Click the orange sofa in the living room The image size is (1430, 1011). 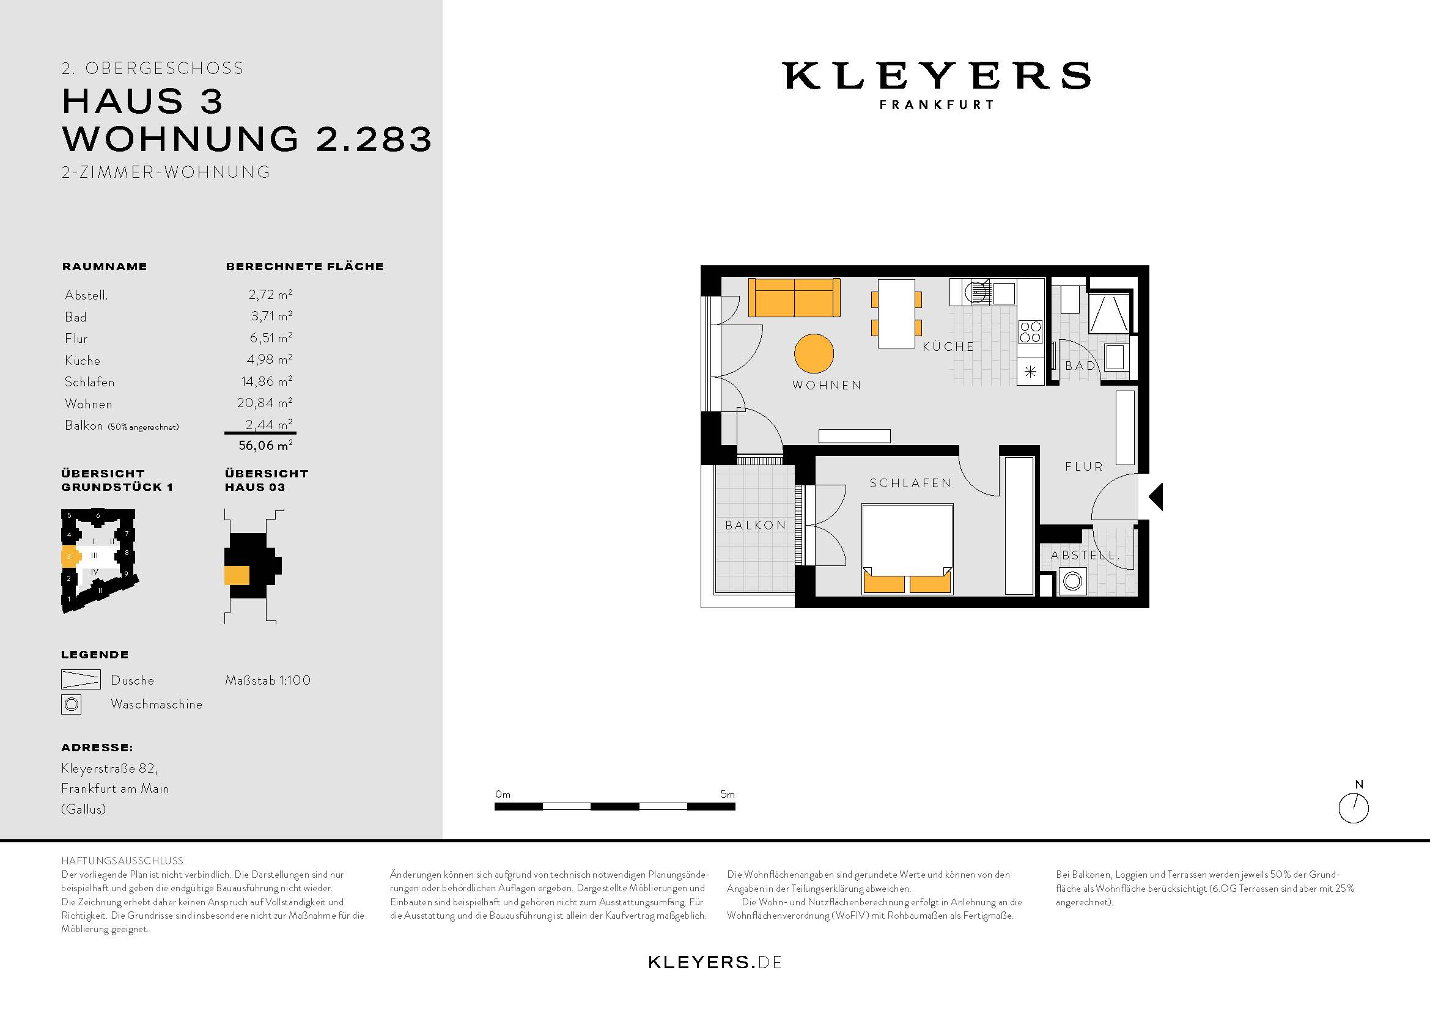pyautogui.click(x=794, y=298)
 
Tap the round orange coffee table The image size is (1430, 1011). pyautogui.click(x=814, y=353)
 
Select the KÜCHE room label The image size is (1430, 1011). pyautogui.click(x=948, y=347)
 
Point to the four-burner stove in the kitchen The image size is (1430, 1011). pyautogui.click(x=1030, y=332)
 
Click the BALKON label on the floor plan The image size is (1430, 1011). pyautogui.click(x=756, y=526)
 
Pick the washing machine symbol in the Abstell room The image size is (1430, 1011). pyautogui.click(x=1072, y=581)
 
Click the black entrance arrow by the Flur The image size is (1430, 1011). pyautogui.click(x=1156, y=497)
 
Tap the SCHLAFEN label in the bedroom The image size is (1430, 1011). pyautogui.click(x=910, y=483)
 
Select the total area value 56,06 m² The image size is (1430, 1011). pyautogui.click(x=265, y=446)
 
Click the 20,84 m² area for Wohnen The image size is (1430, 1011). pyautogui.click(x=265, y=403)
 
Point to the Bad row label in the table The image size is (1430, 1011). pyautogui.click(x=75, y=317)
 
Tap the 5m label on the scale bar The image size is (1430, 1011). pyautogui.click(x=728, y=795)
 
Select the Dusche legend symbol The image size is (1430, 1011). pyautogui.click(x=81, y=679)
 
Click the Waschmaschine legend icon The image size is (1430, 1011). pyautogui.click(x=72, y=704)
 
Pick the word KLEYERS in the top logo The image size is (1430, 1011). pyautogui.click(x=936, y=75)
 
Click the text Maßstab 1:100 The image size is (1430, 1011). pyautogui.click(x=268, y=680)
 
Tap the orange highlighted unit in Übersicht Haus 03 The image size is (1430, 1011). pyautogui.click(x=237, y=575)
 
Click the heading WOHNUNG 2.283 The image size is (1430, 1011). pyautogui.click(x=246, y=138)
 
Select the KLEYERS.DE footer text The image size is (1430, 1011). pyautogui.click(x=714, y=962)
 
